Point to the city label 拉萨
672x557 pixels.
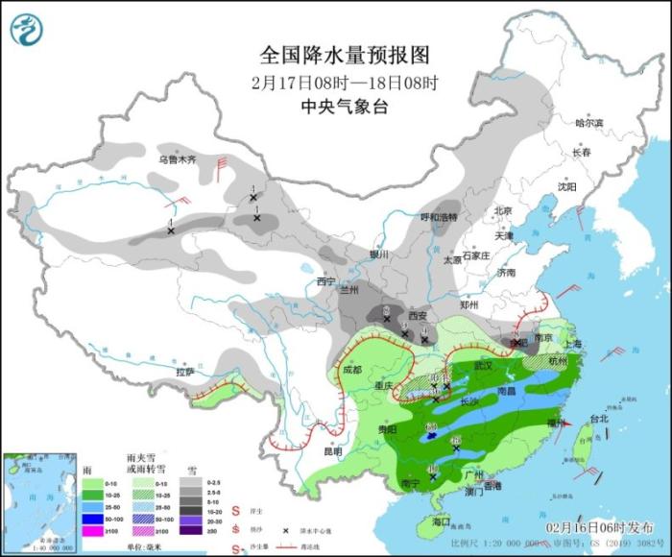[x=185, y=371]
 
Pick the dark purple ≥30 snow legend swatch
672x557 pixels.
[x=193, y=530]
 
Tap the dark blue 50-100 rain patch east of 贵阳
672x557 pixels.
[x=434, y=435]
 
